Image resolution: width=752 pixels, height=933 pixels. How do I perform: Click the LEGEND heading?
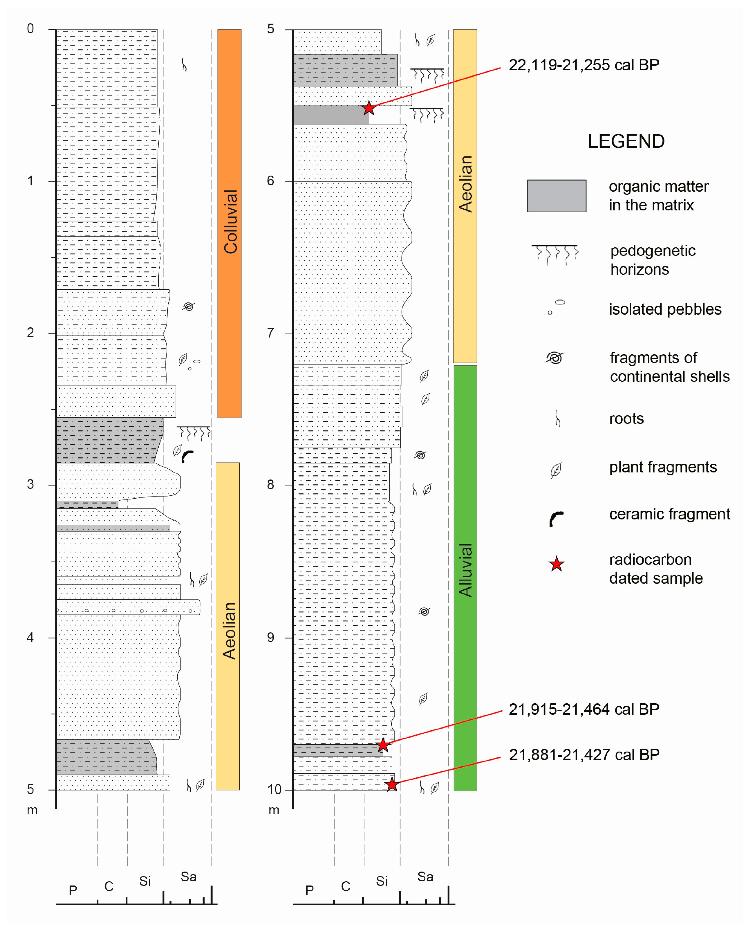[x=626, y=142]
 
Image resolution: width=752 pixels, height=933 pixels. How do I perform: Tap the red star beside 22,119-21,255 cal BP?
[x=369, y=107]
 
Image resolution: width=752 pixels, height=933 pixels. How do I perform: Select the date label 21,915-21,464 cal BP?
[x=584, y=709]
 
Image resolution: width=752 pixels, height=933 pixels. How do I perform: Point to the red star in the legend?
[x=557, y=564]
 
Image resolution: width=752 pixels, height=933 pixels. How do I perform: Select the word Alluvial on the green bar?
[x=466, y=570]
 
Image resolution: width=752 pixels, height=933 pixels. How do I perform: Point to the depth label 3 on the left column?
[x=30, y=484]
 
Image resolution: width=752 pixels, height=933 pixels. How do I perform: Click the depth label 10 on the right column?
[x=274, y=789]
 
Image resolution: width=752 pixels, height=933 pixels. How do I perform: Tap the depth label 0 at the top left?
[x=30, y=28]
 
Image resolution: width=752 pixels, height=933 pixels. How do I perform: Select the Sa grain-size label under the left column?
[x=188, y=877]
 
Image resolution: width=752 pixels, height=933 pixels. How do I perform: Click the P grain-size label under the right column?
[x=309, y=891]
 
